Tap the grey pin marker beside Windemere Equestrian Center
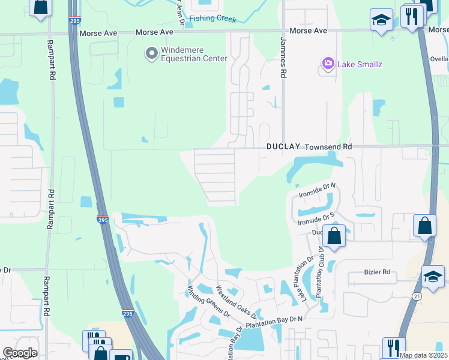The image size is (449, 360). (151, 54)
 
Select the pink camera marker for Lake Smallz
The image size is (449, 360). (328, 63)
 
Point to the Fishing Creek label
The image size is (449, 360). (213, 18)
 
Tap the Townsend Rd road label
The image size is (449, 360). (328, 147)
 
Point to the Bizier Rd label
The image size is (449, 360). (377, 272)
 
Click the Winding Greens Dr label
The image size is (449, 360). (208, 300)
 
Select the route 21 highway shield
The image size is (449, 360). (417, 296)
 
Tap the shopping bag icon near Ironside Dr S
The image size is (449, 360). (335, 235)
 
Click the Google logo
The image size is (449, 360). (20, 353)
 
